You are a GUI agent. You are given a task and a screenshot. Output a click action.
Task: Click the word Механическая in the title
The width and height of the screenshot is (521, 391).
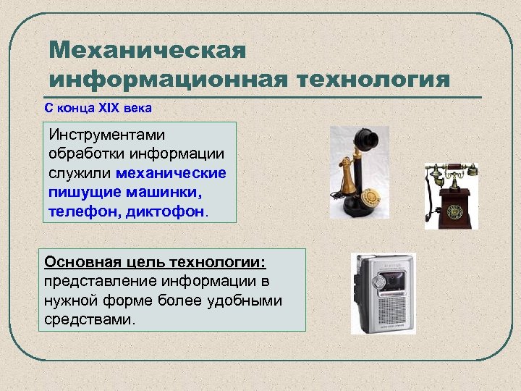pyautogui.click(x=148, y=51)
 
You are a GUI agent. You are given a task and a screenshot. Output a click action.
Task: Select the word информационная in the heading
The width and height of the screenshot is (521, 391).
pyautogui.click(x=168, y=78)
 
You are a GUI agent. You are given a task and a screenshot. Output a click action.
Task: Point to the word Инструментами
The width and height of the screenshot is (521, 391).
pyautogui.click(x=106, y=135)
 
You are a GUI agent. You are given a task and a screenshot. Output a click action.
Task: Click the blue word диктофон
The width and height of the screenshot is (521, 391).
pyautogui.click(x=172, y=211)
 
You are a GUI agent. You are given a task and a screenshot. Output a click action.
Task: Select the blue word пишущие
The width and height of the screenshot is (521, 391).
pyautogui.click(x=78, y=193)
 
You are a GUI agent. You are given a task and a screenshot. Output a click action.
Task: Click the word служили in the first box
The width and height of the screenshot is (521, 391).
pyautogui.click(x=80, y=174)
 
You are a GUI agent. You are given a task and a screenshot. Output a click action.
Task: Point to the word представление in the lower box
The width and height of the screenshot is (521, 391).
pyautogui.click(x=90, y=281)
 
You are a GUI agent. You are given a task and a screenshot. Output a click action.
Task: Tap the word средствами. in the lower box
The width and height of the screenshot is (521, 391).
pyautogui.click(x=90, y=319)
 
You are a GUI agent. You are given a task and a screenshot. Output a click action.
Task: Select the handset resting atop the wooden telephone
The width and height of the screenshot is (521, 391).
pyautogui.click(x=450, y=171)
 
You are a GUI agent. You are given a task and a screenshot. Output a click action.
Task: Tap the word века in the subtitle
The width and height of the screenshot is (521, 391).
pyautogui.click(x=137, y=107)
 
